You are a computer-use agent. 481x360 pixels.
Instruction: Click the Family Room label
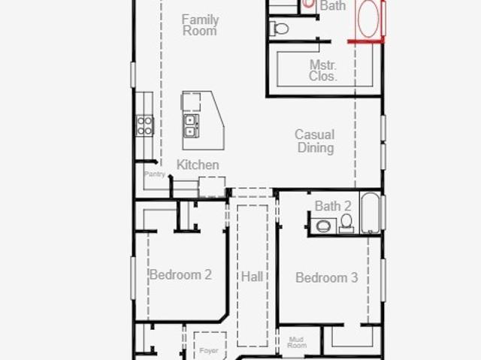point(200,25)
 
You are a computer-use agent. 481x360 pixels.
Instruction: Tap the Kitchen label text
point(198,165)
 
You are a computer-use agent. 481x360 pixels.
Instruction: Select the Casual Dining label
point(315,141)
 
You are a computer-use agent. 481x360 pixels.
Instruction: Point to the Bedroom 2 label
point(180,275)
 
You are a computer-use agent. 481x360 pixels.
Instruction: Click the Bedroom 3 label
point(326,278)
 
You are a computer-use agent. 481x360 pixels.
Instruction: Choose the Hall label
point(253,277)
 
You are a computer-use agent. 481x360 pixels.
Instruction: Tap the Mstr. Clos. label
point(323,71)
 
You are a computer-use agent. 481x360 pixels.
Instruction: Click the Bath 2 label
point(333,206)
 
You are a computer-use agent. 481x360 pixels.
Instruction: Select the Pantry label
point(155,174)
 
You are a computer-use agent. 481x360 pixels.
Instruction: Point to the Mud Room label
point(297,342)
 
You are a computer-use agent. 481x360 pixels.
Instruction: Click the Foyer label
point(209,350)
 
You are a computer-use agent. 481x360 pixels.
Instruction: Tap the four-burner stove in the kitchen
point(145,126)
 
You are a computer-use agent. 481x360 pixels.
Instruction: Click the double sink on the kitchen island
point(191,126)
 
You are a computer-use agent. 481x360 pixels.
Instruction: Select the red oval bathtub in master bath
point(368,19)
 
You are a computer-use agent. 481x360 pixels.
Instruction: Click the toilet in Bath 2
point(346,223)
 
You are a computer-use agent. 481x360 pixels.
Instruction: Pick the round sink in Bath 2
point(323,226)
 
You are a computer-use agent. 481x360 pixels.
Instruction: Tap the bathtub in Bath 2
point(370,213)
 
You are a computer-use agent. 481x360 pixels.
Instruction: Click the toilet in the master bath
point(279,29)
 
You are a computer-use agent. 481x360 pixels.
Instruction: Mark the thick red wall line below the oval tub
point(366,41)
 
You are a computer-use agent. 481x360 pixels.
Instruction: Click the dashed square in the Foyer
point(210,346)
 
